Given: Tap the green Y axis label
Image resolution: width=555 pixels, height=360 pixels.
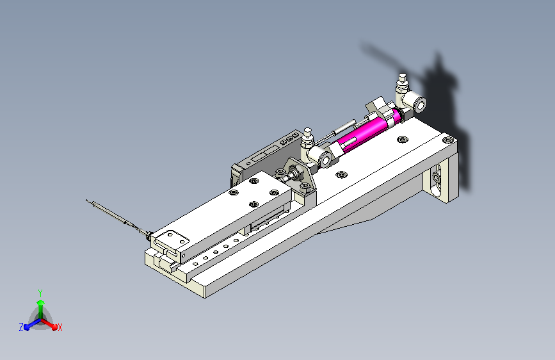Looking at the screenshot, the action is pos(40,293).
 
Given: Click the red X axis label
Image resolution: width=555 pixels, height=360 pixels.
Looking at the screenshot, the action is pos(60,327).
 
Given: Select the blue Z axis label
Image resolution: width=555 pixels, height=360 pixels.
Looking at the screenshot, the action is pos(21,327).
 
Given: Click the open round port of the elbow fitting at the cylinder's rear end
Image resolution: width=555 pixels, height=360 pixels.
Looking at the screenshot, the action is pos(420,104).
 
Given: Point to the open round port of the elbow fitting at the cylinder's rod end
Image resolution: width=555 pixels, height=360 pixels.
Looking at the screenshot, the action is pos(325,160).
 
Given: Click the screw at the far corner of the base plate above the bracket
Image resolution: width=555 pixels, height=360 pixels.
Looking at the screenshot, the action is pos(447,140).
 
